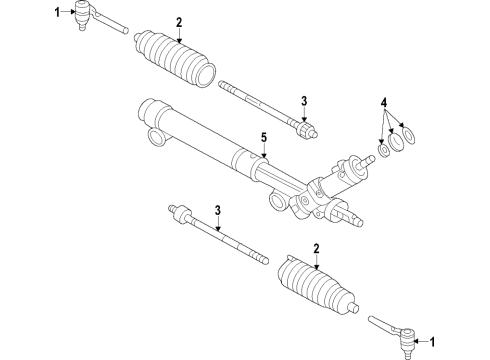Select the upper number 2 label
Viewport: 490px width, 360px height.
point(179,22)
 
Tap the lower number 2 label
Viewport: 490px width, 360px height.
point(316,247)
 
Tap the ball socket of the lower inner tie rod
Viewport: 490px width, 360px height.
point(179,213)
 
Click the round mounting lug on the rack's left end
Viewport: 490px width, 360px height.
point(154,137)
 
